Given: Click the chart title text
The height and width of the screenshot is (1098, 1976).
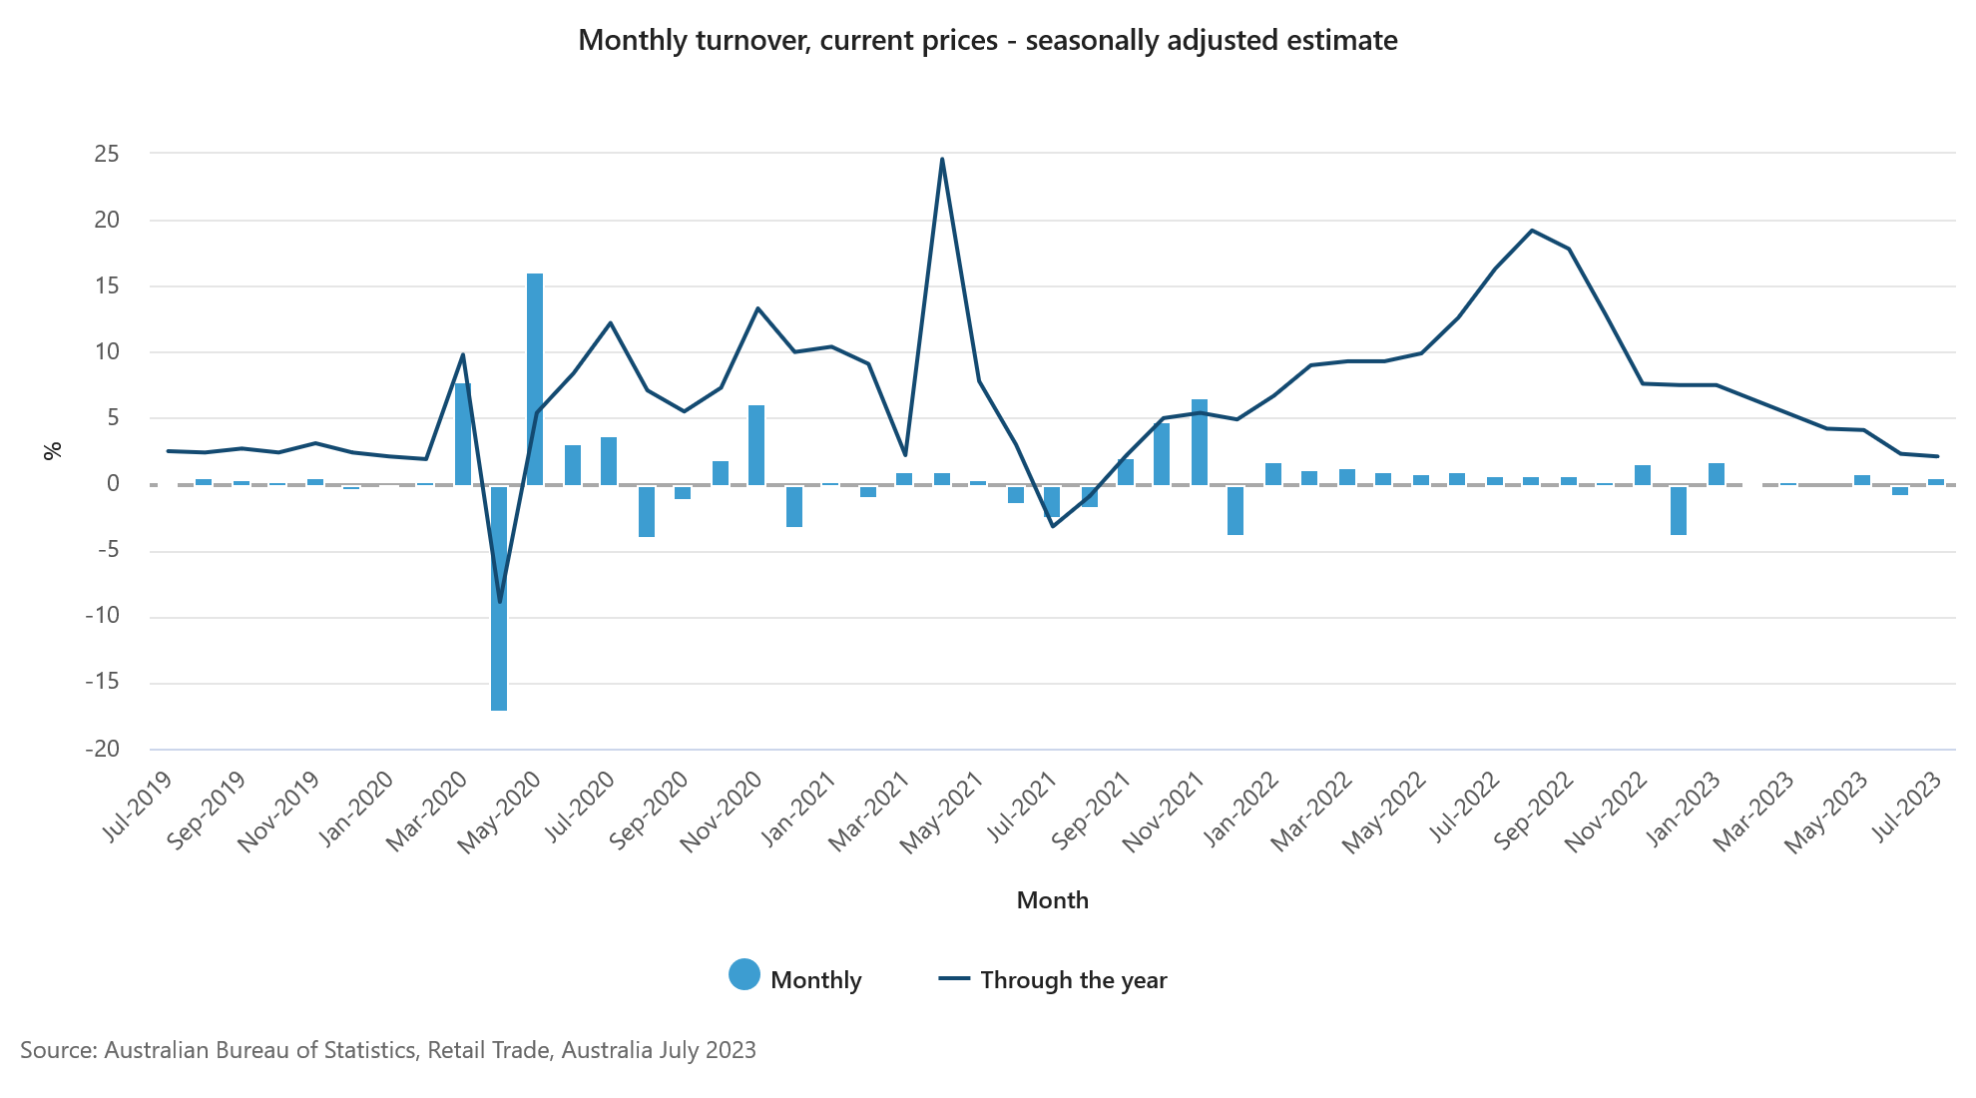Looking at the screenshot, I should (x=987, y=41).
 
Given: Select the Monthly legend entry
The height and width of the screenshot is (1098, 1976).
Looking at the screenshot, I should (x=795, y=979).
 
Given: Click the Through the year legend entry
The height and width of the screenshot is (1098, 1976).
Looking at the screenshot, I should (x=1053, y=979).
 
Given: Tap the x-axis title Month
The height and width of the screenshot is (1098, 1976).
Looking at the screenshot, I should (x=1052, y=899).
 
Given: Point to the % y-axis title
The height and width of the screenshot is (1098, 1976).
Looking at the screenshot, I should (x=53, y=450).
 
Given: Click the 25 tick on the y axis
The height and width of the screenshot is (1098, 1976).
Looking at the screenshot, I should (x=107, y=154).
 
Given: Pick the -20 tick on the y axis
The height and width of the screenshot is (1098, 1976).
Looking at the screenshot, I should (x=103, y=749).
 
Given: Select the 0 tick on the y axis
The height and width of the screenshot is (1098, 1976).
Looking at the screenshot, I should (x=113, y=484).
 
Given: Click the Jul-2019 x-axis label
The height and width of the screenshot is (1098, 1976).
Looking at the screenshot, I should (x=138, y=807).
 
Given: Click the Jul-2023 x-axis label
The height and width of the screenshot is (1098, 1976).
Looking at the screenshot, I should (x=1907, y=807).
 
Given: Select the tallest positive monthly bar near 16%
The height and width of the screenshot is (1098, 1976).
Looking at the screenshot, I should (x=535, y=379).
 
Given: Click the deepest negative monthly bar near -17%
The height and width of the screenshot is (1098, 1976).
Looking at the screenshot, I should (x=499, y=598).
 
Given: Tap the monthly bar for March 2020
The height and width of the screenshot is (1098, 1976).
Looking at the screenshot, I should (x=462, y=434).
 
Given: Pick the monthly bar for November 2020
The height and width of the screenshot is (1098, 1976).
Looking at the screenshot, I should (x=756, y=445).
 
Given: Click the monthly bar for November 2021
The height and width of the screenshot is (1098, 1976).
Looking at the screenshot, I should (x=1199, y=442).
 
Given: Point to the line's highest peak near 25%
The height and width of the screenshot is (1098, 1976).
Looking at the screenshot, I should (x=942, y=159).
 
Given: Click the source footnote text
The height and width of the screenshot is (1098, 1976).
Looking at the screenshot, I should (x=388, y=1050).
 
